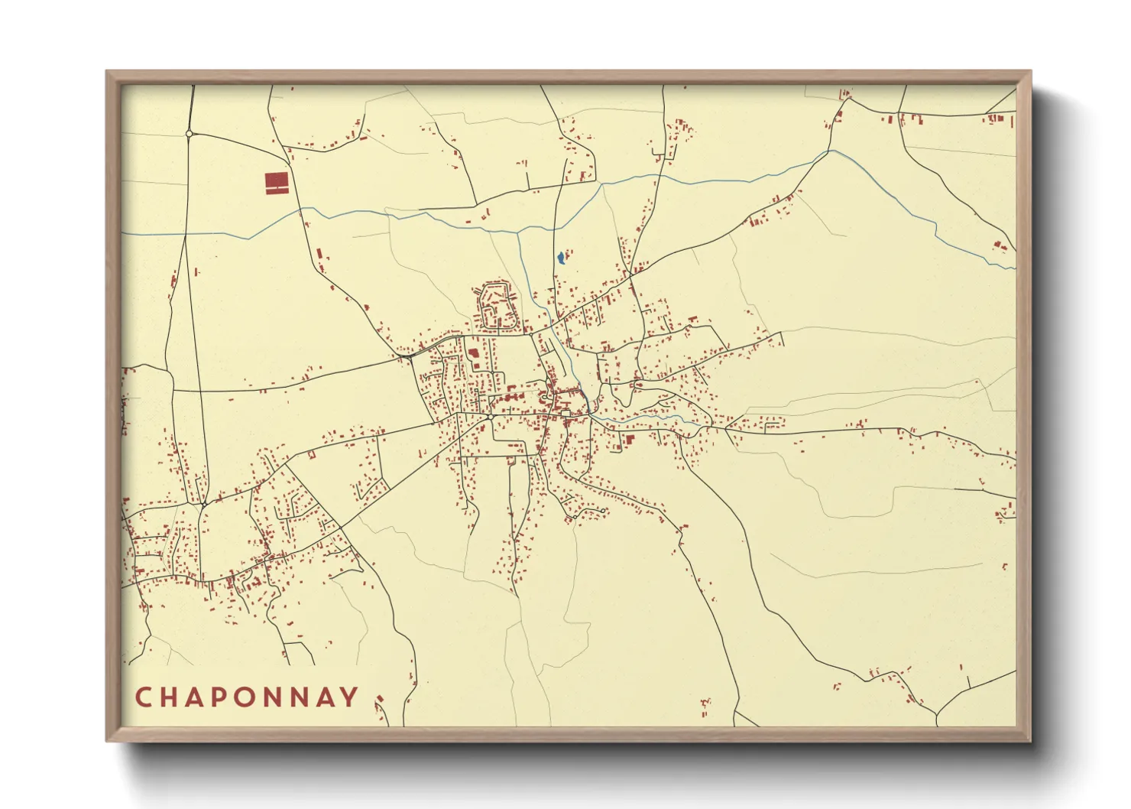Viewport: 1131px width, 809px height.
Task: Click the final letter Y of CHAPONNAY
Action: [x=349, y=697]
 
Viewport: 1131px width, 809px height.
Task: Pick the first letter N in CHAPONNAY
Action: [x=279, y=697]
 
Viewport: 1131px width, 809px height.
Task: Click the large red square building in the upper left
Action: [x=277, y=180]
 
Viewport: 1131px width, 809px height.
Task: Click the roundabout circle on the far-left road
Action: [x=189, y=134]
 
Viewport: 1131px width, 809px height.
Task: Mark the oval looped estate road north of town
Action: [x=497, y=305]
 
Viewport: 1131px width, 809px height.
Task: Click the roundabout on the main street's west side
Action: [x=489, y=417]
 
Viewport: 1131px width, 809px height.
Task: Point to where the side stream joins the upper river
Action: [x=519, y=231]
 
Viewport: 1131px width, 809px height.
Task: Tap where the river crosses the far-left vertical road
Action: [x=184, y=233]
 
